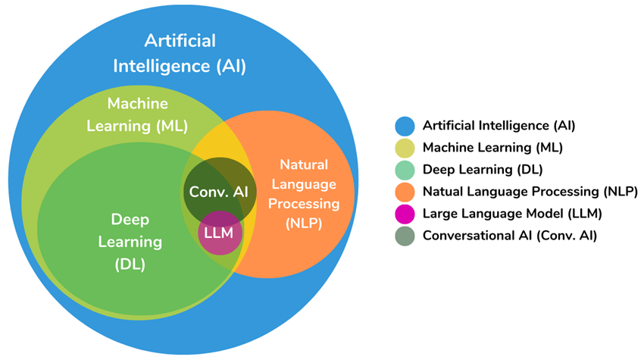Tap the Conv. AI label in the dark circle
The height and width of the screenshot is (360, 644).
(218, 192)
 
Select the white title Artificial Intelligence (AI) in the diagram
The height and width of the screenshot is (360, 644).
(180, 52)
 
